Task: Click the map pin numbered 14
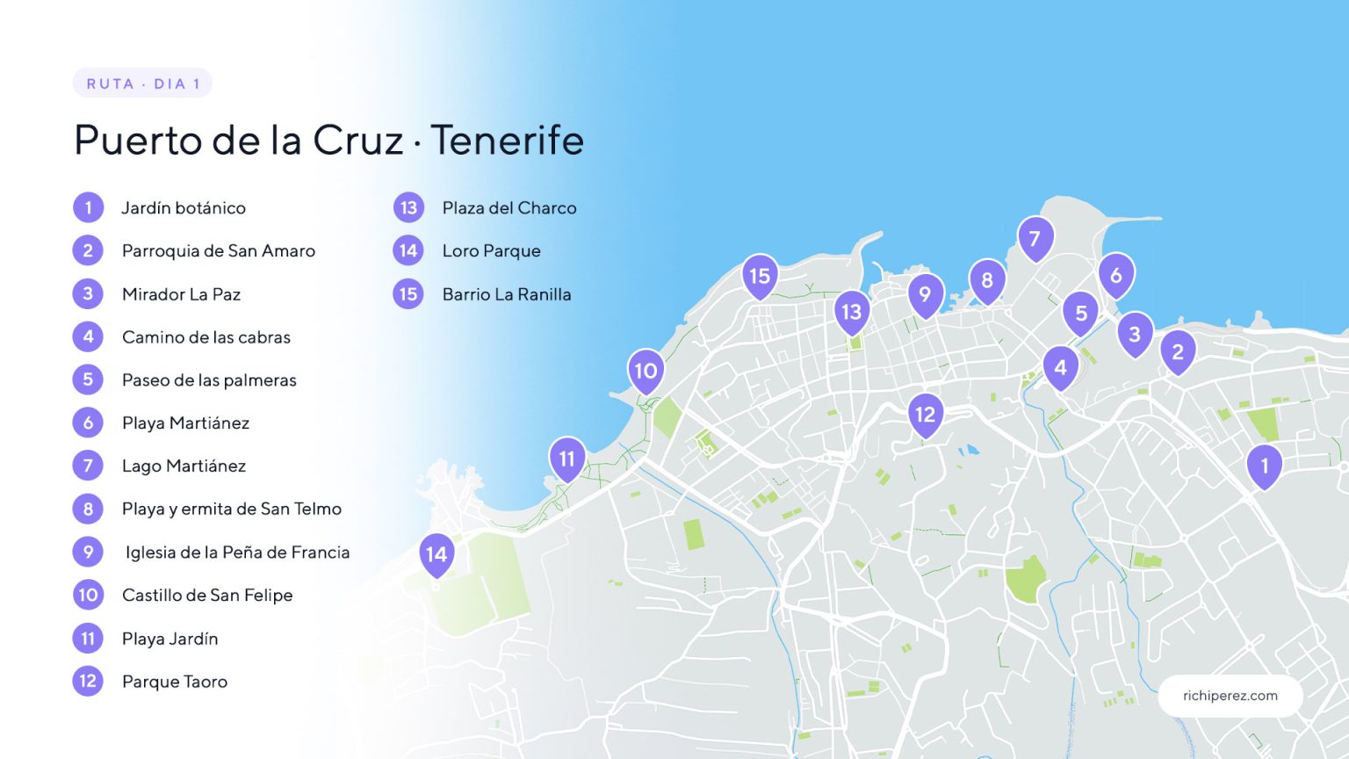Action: pos(436,554)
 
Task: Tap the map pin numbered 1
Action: pos(1264,466)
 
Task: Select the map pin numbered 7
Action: pos(1035,238)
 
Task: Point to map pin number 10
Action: pos(646,371)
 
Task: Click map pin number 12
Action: pos(925,414)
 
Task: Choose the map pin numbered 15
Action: pos(760,276)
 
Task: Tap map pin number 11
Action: pos(567,459)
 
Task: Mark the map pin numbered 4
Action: pos(1060,367)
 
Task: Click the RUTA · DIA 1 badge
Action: pos(142,83)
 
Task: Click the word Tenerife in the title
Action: pos(507,141)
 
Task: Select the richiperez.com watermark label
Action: pos(1230,696)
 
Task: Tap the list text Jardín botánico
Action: pos(184,208)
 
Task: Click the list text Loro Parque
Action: pos(491,251)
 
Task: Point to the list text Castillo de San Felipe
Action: pos(207,596)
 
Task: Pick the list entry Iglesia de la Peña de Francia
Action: pos(237,553)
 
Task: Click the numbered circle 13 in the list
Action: pos(408,208)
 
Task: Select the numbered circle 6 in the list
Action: pos(88,423)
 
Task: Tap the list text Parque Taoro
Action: pos(175,682)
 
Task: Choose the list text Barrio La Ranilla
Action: pos(507,294)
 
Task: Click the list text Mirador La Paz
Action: pos(181,294)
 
